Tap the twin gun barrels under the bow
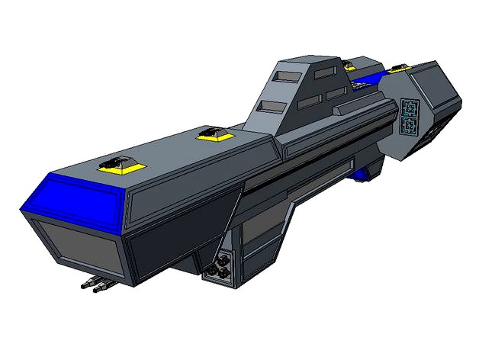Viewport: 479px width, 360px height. [x=96, y=286]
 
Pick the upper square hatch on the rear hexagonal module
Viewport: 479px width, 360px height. [x=408, y=106]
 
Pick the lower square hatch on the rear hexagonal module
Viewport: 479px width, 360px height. [x=410, y=124]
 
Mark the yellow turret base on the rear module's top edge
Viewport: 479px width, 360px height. [x=398, y=69]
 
